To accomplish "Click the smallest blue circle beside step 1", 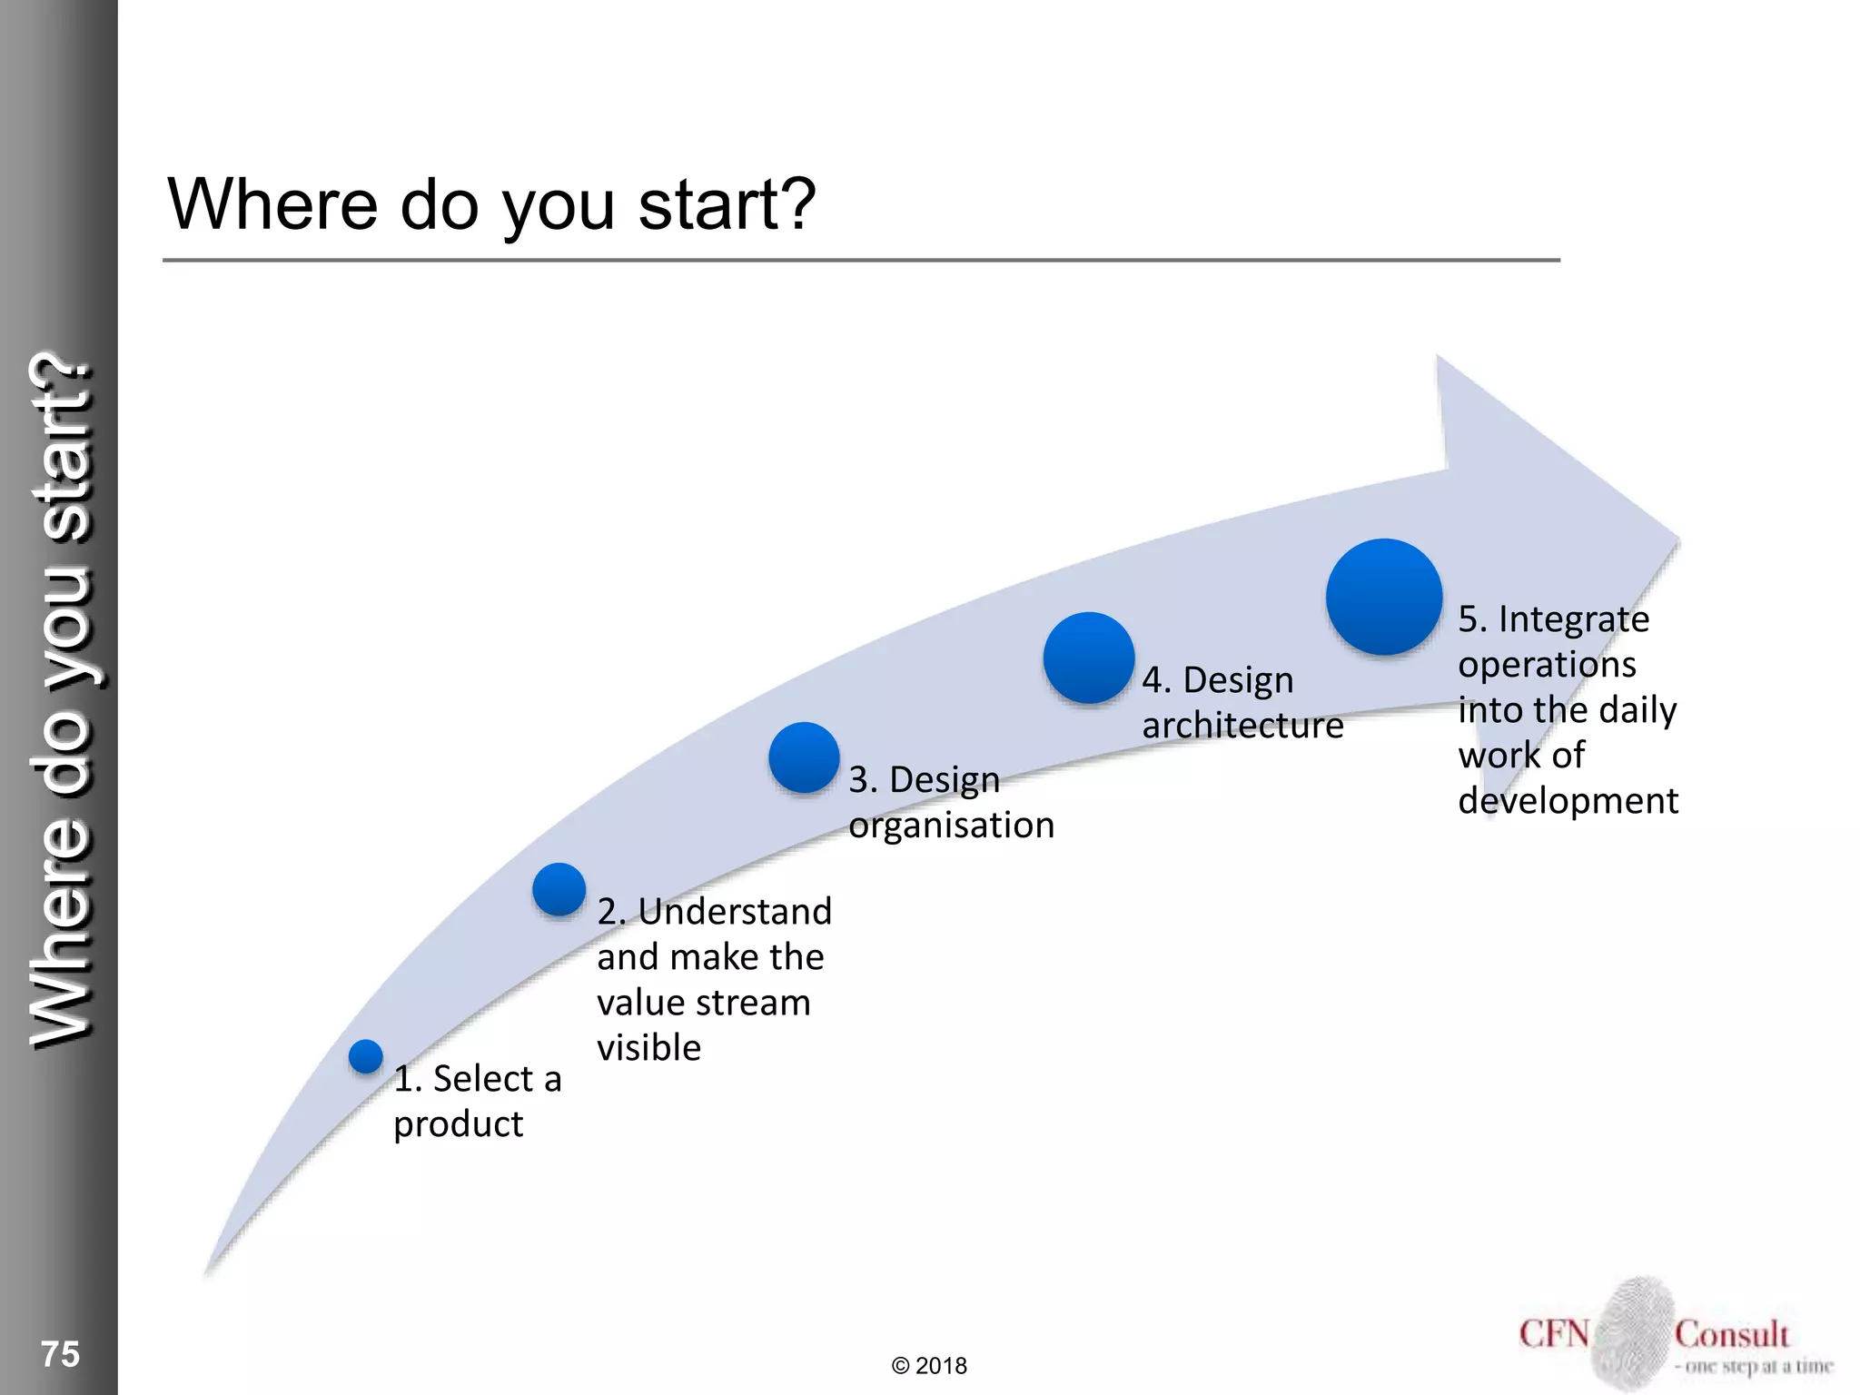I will click(x=366, y=1056).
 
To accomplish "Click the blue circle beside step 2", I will click(x=559, y=889).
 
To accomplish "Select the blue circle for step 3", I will click(x=804, y=757).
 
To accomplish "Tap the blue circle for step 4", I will click(x=1089, y=658).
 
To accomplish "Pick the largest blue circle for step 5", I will click(x=1384, y=597).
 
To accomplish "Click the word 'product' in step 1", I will click(x=458, y=1125).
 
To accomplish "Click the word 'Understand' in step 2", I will click(x=735, y=912).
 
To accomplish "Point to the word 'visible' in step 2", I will click(x=648, y=1048).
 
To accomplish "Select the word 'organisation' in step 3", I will click(x=951, y=826).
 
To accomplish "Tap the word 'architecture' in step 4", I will click(x=1242, y=726).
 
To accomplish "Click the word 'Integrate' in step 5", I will click(x=1573, y=619).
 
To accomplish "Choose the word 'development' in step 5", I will click(x=1568, y=801).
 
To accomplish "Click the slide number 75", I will click(x=60, y=1354).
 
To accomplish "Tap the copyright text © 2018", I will click(x=929, y=1366).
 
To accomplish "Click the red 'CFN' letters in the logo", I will click(x=1554, y=1334).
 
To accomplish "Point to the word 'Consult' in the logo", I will click(x=1731, y=1334).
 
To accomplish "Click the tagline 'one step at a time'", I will click(x=1757, y=1366).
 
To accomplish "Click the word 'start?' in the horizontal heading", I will click(x=727, y=204).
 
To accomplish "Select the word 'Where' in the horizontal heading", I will click(x=272, y=204).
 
